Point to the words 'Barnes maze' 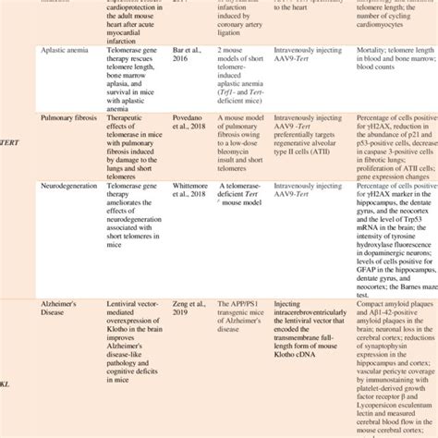[x=404, y=267]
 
